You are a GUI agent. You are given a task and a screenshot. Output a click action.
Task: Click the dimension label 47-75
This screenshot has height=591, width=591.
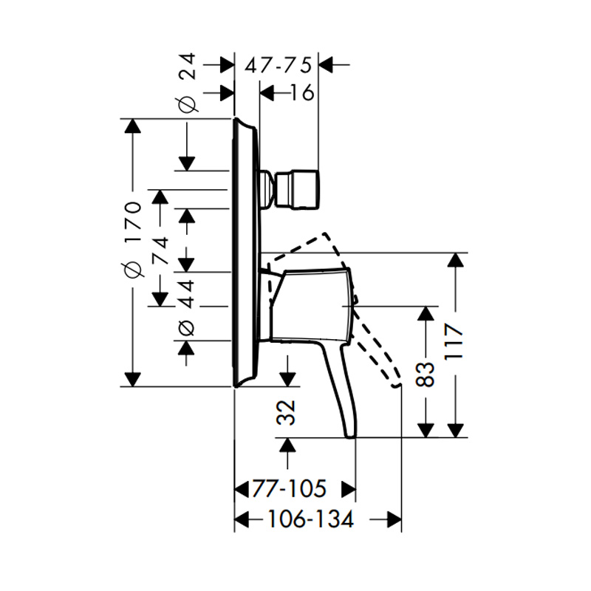click(x=279, y=65)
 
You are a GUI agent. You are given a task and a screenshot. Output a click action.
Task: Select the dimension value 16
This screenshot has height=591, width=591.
click(x=302, y=92)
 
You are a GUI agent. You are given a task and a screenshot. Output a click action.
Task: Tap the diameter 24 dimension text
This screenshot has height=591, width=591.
click(x=188, y=83)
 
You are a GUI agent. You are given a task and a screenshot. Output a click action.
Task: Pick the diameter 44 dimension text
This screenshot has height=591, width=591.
click(x=186, y=307)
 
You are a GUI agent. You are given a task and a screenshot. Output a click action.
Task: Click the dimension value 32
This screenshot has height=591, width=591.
click(x=287, y=413)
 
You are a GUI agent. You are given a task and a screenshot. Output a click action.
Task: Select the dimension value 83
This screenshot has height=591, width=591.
click(x=426, y=375)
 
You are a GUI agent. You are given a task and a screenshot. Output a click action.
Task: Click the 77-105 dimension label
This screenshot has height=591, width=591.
click(x=289, y=489)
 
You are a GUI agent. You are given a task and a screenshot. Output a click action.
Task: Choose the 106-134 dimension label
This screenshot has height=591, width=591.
click(x=310, y=519)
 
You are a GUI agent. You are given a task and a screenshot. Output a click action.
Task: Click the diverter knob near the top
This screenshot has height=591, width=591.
click(x=298, y=190)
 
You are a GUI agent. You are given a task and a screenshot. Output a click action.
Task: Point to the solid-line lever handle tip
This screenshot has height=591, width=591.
click(x=351, y=437)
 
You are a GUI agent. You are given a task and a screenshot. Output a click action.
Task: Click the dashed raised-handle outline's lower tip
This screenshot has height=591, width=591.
click(x=396, y=384)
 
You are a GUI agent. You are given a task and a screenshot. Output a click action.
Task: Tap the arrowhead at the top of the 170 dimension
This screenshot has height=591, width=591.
click(x=132, y=126)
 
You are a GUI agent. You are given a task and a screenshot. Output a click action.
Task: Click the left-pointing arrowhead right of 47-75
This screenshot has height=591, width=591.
click(x=326, y=65)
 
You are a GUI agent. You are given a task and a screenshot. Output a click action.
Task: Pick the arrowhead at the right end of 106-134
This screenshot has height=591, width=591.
click(x=394, y=519)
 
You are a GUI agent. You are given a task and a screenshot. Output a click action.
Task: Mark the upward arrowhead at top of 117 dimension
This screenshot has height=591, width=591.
click(x=456, y=260)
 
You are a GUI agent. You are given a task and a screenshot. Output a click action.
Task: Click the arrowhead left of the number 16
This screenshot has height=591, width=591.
click(x=267, y=93)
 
